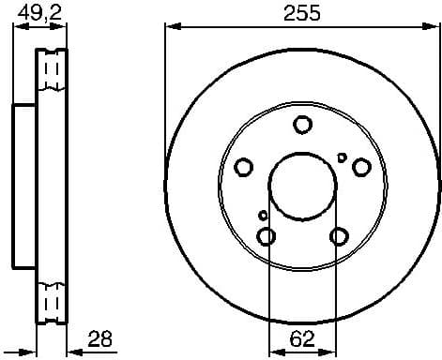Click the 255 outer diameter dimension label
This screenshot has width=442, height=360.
click(x=302, y=12)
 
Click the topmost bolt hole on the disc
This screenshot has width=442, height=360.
click(x=302, y=125)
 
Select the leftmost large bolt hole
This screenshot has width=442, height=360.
click(x=244, y=167)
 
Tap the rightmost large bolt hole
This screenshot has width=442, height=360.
click(x=361, y=167)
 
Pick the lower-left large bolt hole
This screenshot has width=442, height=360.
click(x=267, y=234)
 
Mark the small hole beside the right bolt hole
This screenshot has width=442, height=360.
click(x=343, y=157)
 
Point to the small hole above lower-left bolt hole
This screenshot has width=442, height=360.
click(x=264, y=216)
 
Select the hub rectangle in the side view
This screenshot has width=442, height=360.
click(x=24, y=185)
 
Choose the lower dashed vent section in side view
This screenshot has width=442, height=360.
click(x=53, y=300)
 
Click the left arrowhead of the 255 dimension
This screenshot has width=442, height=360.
click(x=170, y=26)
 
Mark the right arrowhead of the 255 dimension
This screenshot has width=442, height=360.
click(x=434, y=26)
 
